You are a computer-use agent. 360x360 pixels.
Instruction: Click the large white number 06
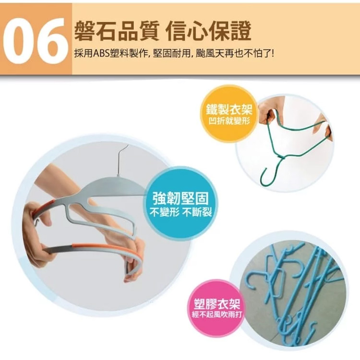(x=35, y=41)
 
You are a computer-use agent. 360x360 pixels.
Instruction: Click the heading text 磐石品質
(x=117, y=31)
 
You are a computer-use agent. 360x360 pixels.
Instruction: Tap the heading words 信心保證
(x=209, y=31)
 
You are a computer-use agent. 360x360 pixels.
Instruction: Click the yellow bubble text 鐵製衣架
(x=229, y=109)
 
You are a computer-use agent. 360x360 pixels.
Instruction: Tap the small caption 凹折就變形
(x=229, y=121)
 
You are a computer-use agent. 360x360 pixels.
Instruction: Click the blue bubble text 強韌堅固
(x=181, y=198)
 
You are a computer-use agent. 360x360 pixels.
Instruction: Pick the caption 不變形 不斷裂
(x=180, y=213)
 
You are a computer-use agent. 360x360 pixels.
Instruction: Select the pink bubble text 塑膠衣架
(x=217, y=304)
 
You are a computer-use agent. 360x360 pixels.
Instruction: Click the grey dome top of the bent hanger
(x=115, y=185)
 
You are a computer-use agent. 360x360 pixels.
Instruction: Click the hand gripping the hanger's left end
(x=38, y=232)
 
